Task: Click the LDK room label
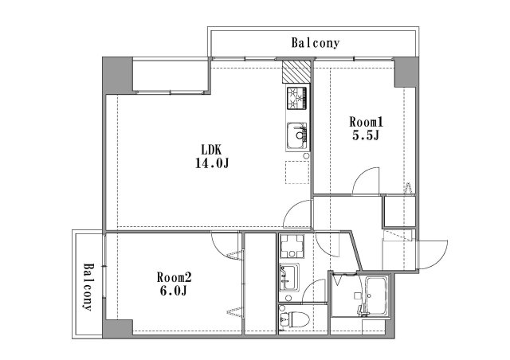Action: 211,150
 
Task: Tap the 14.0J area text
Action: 212,163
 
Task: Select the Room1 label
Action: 367,122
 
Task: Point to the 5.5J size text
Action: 366,135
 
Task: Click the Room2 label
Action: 174,277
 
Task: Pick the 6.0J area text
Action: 174,291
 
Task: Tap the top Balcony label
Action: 316,43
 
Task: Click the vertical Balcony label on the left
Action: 87,287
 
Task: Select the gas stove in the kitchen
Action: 296,98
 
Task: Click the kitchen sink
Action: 296,135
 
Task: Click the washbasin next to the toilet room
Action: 289,277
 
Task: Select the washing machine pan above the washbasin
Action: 292,246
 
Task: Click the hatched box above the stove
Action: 296,72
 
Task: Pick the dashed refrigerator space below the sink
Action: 297,172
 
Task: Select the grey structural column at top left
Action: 117,76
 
